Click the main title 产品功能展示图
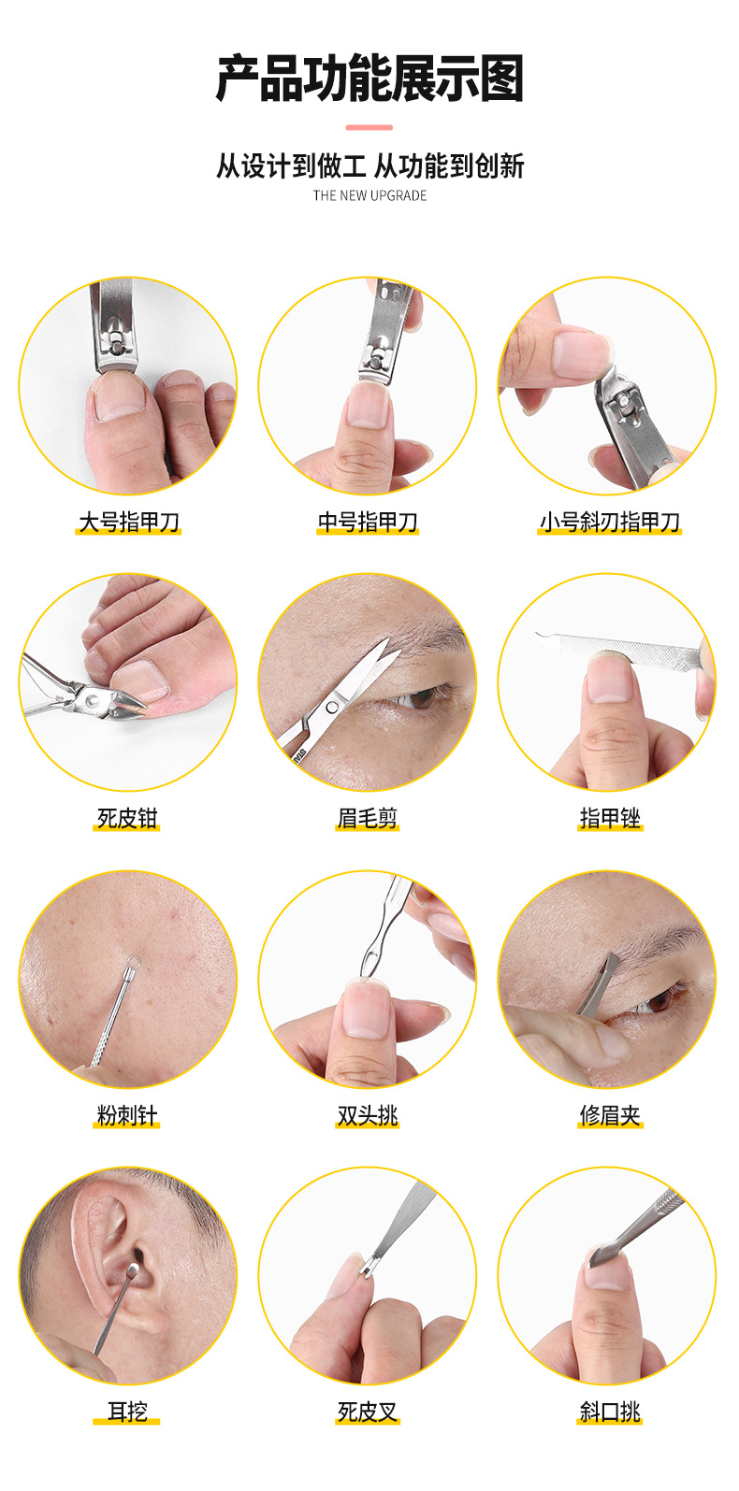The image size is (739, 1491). coord(369,79)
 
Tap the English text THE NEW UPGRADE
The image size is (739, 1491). coord(369,195)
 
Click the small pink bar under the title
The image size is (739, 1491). coord(369,127)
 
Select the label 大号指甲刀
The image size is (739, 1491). coord(128,522)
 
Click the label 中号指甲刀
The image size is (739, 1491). coord(368,522)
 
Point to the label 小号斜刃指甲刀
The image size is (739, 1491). coord(609,522)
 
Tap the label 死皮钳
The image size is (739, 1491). coord(128,819)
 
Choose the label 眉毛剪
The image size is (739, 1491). coord(368,819)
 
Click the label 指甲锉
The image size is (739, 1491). coord(609,819)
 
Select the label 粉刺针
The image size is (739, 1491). coord(128,1115)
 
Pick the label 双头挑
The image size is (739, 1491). coord(368,1115)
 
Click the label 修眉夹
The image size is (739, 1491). coord(609,1115)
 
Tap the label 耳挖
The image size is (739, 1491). coord(128,1412)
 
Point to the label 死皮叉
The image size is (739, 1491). coord(368,1412)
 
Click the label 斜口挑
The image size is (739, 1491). coord(609,1412)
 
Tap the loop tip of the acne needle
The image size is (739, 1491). coord(134,960)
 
